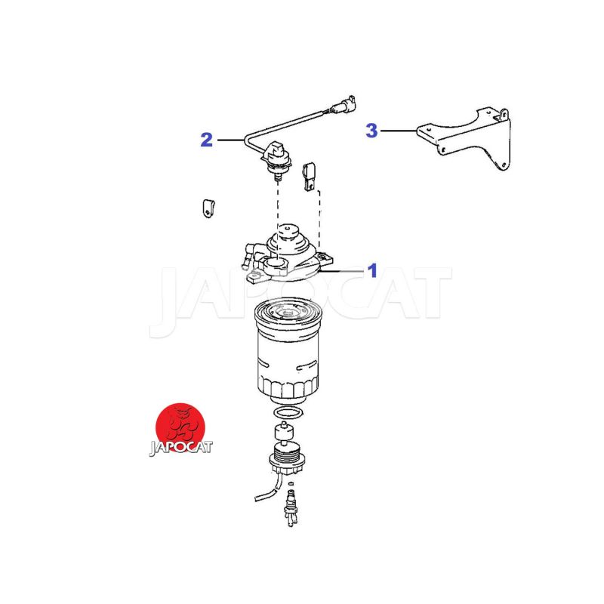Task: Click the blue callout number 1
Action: click(x=372, y=271)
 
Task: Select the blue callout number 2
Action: click(x=206, y=140)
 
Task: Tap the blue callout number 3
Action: click(x=371, y=130)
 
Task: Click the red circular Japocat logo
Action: click(x=180, y=428)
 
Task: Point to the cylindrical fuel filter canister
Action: click(x=287, y=350)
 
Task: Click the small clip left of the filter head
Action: click(x=208, y=209)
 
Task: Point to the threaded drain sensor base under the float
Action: click(x=287, y=458)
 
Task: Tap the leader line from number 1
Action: click(x=342, y=271)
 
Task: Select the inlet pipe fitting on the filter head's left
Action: click(x=248, y=254)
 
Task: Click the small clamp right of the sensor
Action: click(x=310, y=177)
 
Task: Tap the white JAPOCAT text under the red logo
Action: click(x=180, y=448)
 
